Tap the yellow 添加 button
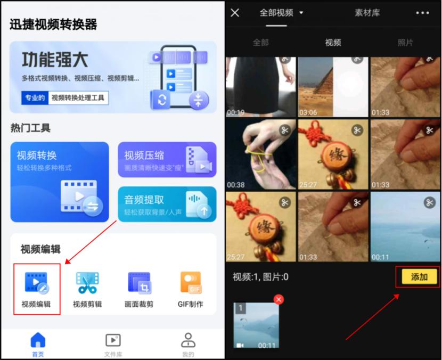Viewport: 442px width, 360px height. (419, 276)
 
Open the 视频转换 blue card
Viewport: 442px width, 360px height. (60, 181)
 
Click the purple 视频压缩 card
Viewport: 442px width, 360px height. (167, 159)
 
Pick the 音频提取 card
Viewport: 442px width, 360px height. (167, 204)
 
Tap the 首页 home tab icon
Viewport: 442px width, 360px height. (38, 340)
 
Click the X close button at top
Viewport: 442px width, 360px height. (235, 13)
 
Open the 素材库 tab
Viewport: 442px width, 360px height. (367, 13)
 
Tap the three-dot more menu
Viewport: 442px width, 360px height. (422, 13)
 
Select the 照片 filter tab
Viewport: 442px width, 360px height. (405, 43)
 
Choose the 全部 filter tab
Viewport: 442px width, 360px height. (260, 43)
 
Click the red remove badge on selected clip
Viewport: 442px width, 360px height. (279, 300)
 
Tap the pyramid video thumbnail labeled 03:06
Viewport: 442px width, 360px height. (333, 86)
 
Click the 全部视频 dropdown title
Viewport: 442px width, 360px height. (281, 13)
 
